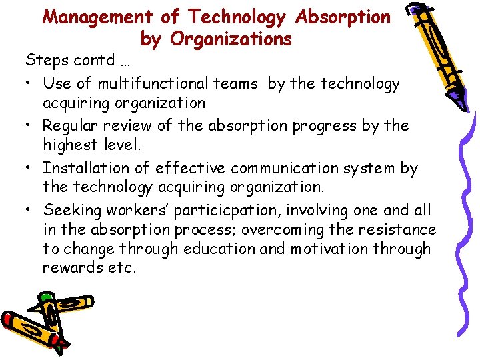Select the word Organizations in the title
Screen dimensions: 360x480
(x=231, y=39)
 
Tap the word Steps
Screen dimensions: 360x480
(x=45, y=61)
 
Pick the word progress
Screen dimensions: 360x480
(x=323, y=127)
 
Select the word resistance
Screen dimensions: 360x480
(x=397, y=230)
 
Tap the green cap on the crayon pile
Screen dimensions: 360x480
(x=46, y=297)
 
